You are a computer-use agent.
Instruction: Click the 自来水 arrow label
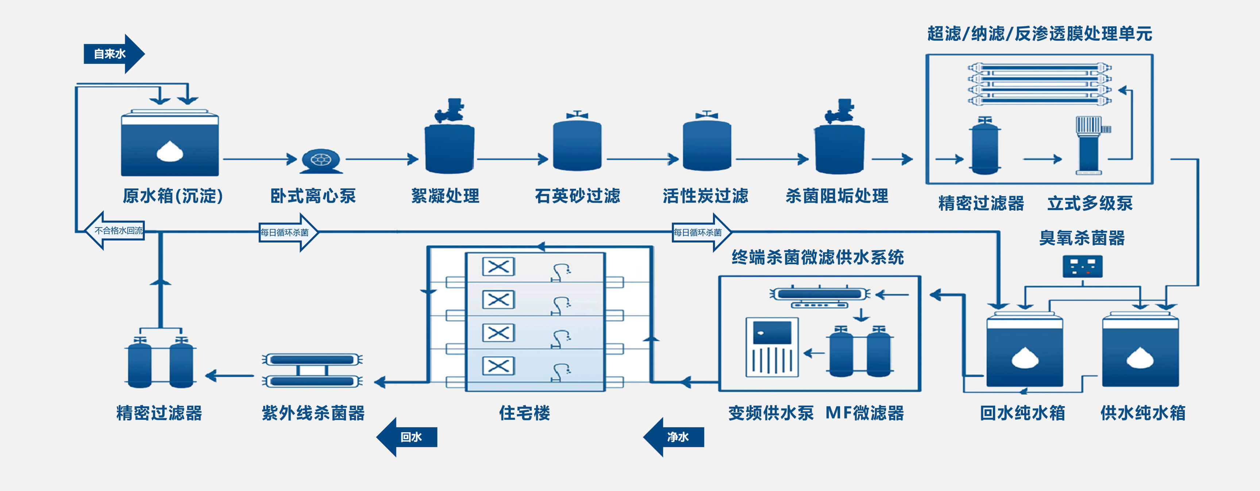coord(111,54)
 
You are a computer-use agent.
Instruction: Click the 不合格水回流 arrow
coord(116,231)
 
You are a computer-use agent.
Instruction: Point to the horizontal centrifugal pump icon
coord(320,160)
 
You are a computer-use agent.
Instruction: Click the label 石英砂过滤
coord(577,196)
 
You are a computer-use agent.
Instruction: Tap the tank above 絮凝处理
coord(449,147)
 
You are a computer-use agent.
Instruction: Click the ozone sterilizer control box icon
coord(1082,266)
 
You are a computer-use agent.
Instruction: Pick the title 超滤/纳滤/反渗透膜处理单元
coord(1039,34)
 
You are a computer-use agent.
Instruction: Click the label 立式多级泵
coord(1090,203)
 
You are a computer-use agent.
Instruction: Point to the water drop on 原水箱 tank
coord(170,151)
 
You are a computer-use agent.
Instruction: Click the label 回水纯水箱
coord(1022,413)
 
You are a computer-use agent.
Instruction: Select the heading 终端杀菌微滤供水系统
coord(817,257)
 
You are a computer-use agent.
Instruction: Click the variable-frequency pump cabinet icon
coord(772,347)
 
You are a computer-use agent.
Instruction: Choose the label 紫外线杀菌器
coord(313,413)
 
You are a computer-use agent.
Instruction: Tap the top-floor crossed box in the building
coord(498,267)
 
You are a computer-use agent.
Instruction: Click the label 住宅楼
coord(524,413)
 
